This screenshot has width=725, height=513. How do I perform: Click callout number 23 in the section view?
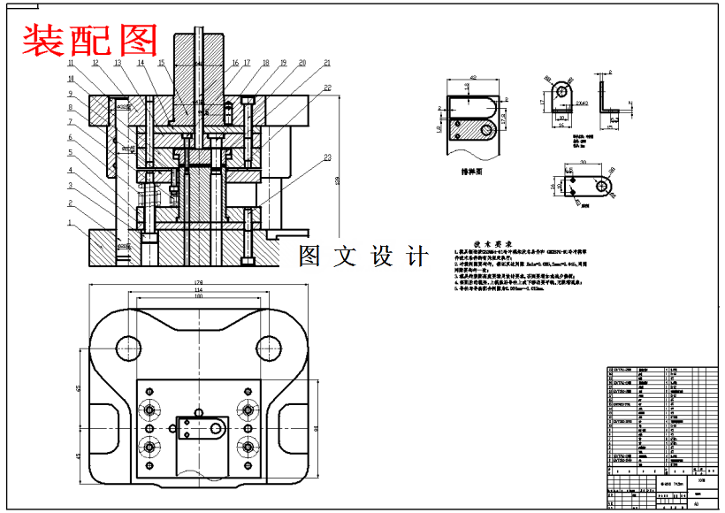pos(328,158)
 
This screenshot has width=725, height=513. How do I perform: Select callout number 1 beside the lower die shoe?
pos(70,224)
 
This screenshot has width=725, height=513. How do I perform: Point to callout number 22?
pos(328,88)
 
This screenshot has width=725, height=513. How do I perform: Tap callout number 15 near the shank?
pos(162,63)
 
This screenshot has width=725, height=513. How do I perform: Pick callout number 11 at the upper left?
pos(70,63)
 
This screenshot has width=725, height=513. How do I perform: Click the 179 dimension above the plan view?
pos(199,282)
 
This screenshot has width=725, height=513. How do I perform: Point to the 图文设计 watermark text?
pos(363,256)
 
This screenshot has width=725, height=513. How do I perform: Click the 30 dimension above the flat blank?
pos(584,163)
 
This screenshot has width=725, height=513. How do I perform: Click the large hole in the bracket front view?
pos(561,91)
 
